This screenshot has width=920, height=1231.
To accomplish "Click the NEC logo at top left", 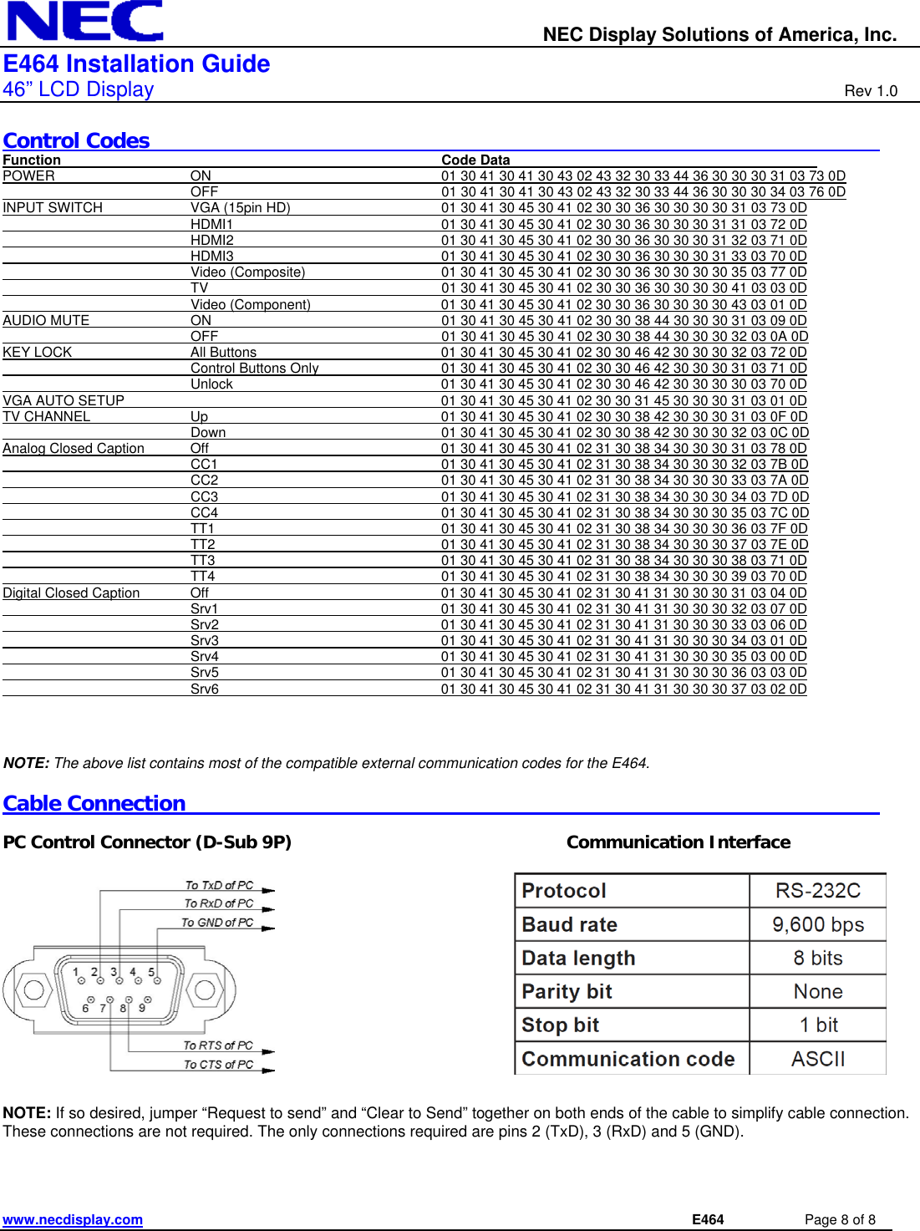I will tap(84, 21).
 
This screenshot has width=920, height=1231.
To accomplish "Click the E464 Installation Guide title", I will tap(136, 64).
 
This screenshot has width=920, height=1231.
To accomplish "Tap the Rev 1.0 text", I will tap(870, 91).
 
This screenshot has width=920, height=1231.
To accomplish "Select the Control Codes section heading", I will tap(76, 140).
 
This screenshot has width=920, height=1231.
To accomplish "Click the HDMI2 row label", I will tap(211, 241).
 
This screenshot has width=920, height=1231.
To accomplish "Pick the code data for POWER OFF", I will tap(643, 192).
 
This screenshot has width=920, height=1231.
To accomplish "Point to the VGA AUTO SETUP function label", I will tap(64, 400).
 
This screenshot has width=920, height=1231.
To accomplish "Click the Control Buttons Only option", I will tap(254, 369).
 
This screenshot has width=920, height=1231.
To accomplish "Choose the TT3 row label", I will tap(202, 561).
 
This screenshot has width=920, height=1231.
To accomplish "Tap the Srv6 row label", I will tap(204, 689).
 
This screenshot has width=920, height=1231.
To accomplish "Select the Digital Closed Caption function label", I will tap(71, 593).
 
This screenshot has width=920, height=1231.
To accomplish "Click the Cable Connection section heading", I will tap(94, 803).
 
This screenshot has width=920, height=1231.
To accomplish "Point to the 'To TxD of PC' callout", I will tap(219, 885).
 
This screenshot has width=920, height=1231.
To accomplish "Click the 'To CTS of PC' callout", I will tap(218, 1065).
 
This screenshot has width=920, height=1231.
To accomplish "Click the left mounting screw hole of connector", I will tap(33, 990).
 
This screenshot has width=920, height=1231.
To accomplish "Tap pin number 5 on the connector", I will tap(151, 973).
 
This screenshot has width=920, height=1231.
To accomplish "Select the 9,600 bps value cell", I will tap(817, 924).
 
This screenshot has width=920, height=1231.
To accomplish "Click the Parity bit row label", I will tap(567, 992).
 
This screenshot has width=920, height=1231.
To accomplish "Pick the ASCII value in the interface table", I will tap(817, 1059).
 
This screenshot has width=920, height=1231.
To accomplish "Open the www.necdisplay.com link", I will tap(73, 1219).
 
